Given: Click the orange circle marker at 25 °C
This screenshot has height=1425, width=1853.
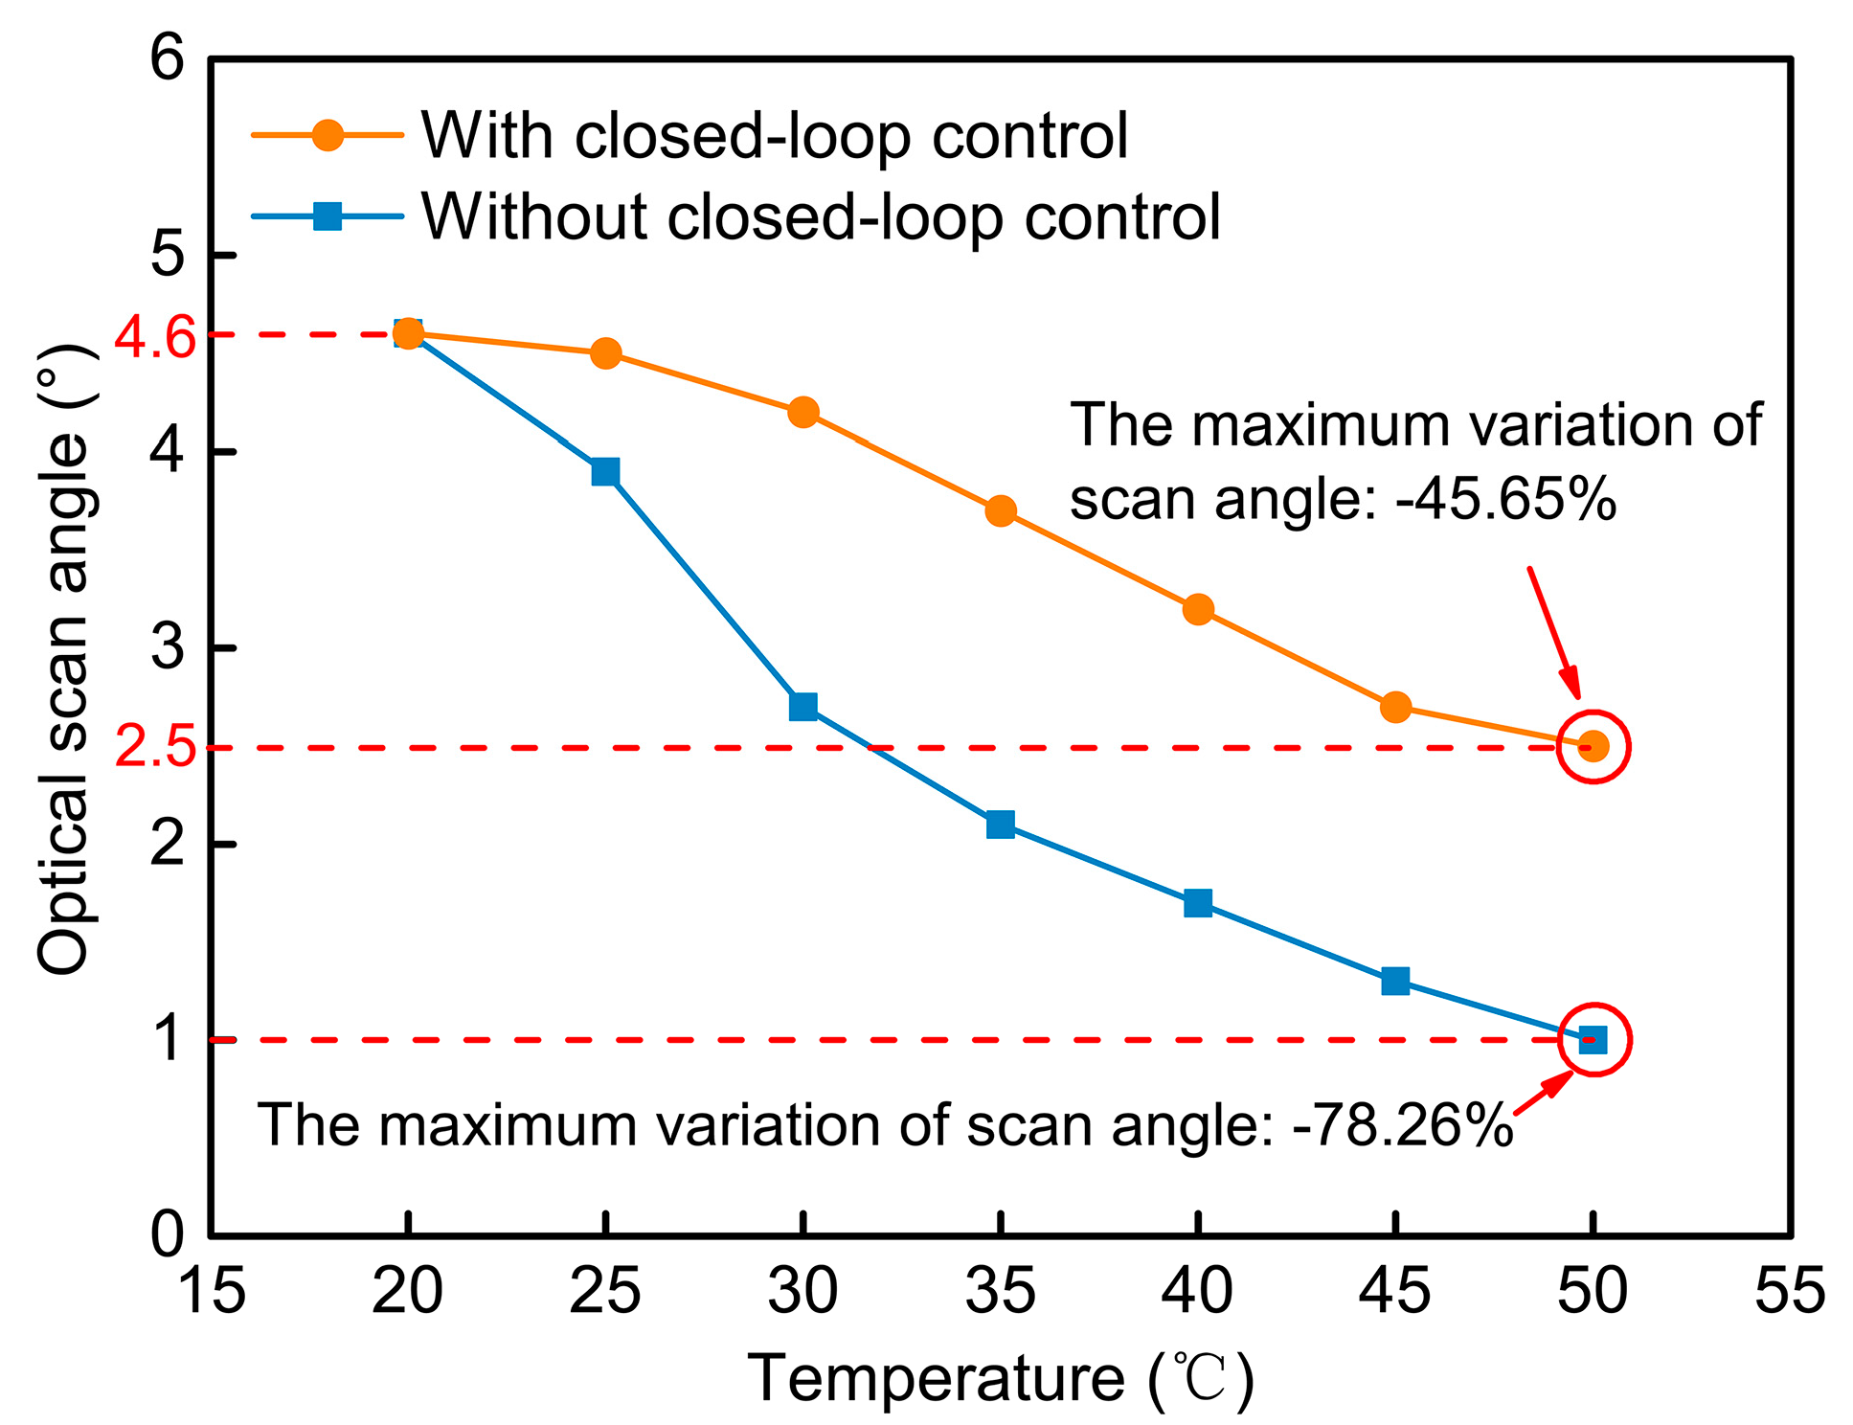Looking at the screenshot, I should [605, 353].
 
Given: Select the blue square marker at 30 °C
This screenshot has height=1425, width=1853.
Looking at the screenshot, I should [803, 707].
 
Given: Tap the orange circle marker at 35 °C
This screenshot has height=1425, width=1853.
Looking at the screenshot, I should [1001, 510].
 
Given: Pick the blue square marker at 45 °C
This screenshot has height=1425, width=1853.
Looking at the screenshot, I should [1395, 981].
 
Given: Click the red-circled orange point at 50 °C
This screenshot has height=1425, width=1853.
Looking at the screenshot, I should [1593, 746].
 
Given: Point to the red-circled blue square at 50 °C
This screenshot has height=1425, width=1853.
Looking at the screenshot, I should [1593, 1039].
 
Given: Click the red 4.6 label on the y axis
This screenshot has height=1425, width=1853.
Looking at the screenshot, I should [154, 337].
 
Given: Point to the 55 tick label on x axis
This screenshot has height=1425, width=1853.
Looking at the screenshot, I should [1789, 1291].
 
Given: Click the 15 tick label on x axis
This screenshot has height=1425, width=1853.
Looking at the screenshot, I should [212, 1291].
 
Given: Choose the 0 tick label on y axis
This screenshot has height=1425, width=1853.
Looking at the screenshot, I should [167, 1235].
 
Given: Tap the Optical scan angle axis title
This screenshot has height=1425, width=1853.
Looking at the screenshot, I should [65, 661].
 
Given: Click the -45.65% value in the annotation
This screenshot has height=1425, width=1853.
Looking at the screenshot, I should [1505, 499].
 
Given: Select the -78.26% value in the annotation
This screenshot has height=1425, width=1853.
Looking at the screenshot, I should [1402, 1124].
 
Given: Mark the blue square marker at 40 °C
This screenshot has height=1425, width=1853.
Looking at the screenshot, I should [1198, 903].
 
